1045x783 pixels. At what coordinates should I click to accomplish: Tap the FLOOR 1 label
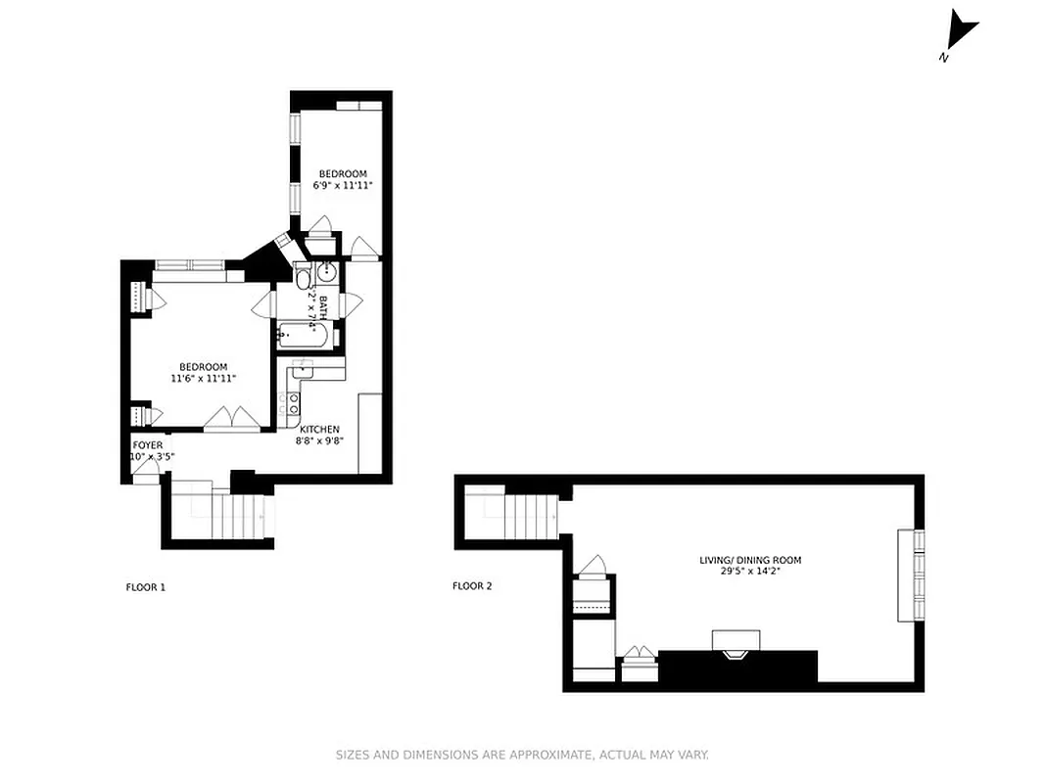[146, 587]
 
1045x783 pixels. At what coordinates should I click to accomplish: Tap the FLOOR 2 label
[472, 586]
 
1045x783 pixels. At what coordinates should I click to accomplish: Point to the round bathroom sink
[329, 273]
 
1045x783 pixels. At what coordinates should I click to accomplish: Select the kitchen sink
[303, 368]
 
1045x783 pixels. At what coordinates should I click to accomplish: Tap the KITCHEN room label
[319, 430]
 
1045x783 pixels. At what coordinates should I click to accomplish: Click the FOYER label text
[148, 445]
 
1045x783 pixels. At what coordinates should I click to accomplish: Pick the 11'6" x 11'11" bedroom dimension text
[204, 379]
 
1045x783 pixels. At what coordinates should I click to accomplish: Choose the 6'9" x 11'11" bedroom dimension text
[343, 185]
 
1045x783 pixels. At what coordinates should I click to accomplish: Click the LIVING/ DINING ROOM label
[750, 561]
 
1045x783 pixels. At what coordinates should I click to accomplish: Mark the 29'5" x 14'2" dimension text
[750, 572]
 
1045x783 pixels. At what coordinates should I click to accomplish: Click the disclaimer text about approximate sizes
[522, 755]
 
